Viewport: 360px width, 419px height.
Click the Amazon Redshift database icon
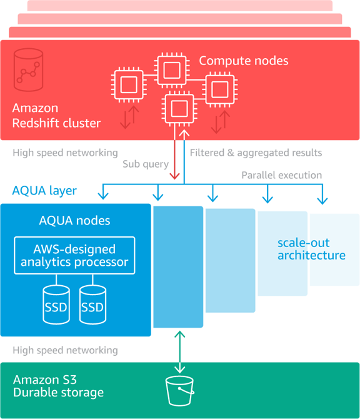click(x=28, y=70)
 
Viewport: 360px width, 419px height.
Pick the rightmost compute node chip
click(x=219, y=89)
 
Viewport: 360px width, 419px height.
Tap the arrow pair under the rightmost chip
click(x=219, y=123)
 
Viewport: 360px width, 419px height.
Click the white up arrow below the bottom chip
click(x=183, y=134)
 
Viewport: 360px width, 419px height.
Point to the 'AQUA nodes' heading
click(x=74, y=221)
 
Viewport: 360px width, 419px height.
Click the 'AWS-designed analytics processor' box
click(x=74, y=255)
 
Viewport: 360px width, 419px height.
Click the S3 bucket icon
click(x=179, y=391)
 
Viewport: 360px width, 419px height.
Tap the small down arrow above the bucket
click(x=179, y=368)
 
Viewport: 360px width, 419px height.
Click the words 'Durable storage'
click(x=58, y=393)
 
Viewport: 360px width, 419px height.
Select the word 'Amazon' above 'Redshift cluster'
click(x=35, y=109)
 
